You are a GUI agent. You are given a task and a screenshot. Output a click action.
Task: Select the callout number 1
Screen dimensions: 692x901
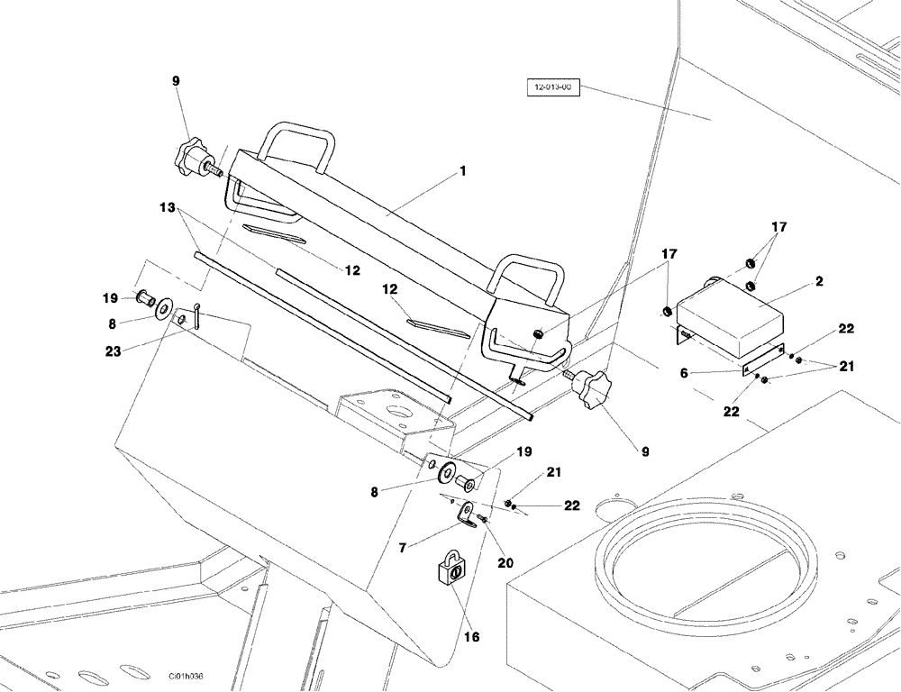(462, 170)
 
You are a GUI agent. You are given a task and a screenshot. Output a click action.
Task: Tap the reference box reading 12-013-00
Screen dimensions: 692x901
(553, 88)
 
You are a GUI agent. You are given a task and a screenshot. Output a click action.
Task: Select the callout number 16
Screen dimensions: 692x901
(471, 637)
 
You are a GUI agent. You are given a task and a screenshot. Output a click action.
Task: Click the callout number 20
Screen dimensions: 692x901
(505, 563)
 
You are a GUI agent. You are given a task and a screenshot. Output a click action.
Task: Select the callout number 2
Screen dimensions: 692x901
(818, 281)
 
